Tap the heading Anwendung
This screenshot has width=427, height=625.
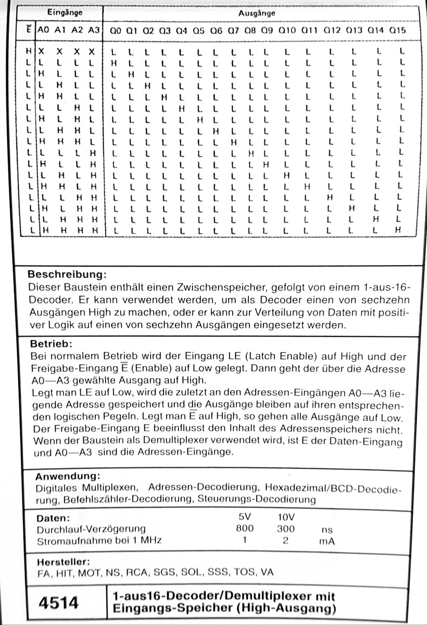click(67, 477)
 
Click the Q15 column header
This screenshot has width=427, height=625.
click(397, 31)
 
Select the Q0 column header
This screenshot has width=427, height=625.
click(116, 31)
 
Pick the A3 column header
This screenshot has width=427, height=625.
click(93, 30)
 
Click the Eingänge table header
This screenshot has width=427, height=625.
click(65, 11)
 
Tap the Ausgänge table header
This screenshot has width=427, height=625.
click(257, 12)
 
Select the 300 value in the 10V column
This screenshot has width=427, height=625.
click(285, 529)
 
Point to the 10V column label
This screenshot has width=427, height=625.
click(285, 518)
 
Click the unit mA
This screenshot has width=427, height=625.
click(327, 541)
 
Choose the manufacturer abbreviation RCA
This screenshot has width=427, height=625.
click(136, 572)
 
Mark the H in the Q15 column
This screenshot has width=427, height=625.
click(398, 230)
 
